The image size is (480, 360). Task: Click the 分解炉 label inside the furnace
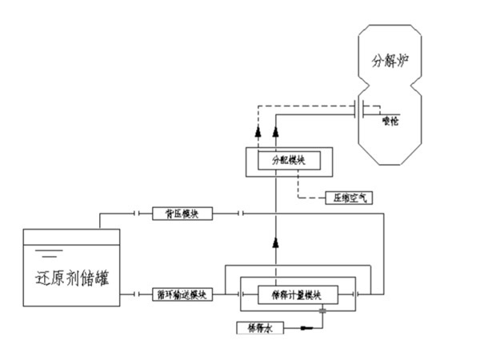pyautogui.click(x=389, y=60)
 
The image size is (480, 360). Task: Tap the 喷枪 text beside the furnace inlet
pyautogui.click(x=390, y=121)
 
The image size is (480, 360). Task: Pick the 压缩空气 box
pyautogui.click(x=347, y=196)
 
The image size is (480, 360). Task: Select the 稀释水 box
pyautogui.click(x=257, y=327)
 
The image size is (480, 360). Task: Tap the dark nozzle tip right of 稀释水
pyautogui.click(x=307, y=327)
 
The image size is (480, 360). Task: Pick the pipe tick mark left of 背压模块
pyautogui.click(x=138, y=214)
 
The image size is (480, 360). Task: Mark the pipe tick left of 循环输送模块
pyautogui.click(x=138, y=294)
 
